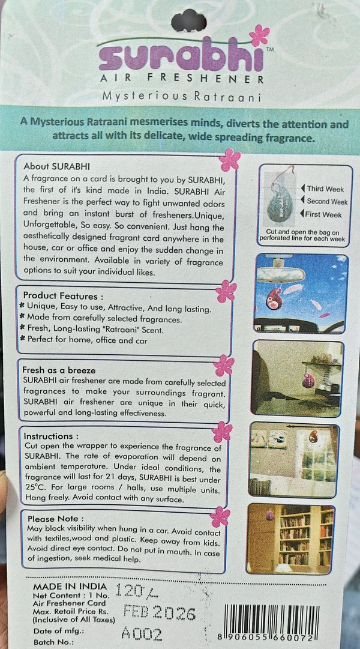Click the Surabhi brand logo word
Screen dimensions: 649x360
point(179,57)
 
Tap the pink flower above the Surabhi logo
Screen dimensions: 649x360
point(260,35)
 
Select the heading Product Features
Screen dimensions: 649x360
point(63,295)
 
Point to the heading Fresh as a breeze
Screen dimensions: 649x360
point(59,370)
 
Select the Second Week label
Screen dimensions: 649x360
point(327,202)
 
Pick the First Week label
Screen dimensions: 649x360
point(324,215)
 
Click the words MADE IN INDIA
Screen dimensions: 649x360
point(70,586)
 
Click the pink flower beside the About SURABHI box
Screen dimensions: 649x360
point(230,159)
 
